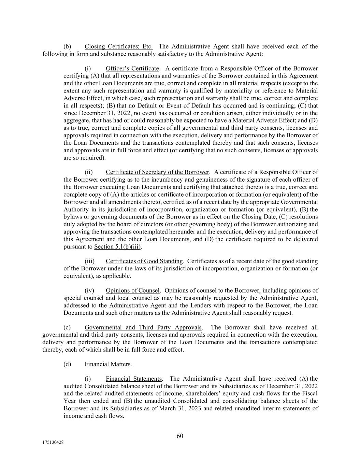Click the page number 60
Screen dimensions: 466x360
180,436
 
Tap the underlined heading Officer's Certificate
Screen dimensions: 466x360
132,69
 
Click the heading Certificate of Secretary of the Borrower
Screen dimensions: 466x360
157,172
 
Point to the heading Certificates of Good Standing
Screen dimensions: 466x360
144,261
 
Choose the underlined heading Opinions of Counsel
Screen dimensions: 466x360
132,291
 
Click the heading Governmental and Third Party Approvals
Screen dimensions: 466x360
143,327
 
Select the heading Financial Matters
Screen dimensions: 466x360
107,364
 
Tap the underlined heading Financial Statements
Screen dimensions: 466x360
133,379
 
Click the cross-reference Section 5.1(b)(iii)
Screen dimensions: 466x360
118,246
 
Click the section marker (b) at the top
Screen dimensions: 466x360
67,46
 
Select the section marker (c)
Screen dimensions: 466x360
67,327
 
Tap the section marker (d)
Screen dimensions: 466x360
67,364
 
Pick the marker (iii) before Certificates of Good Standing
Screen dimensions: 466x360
89,261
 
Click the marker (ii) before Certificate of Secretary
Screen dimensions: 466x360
89,172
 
